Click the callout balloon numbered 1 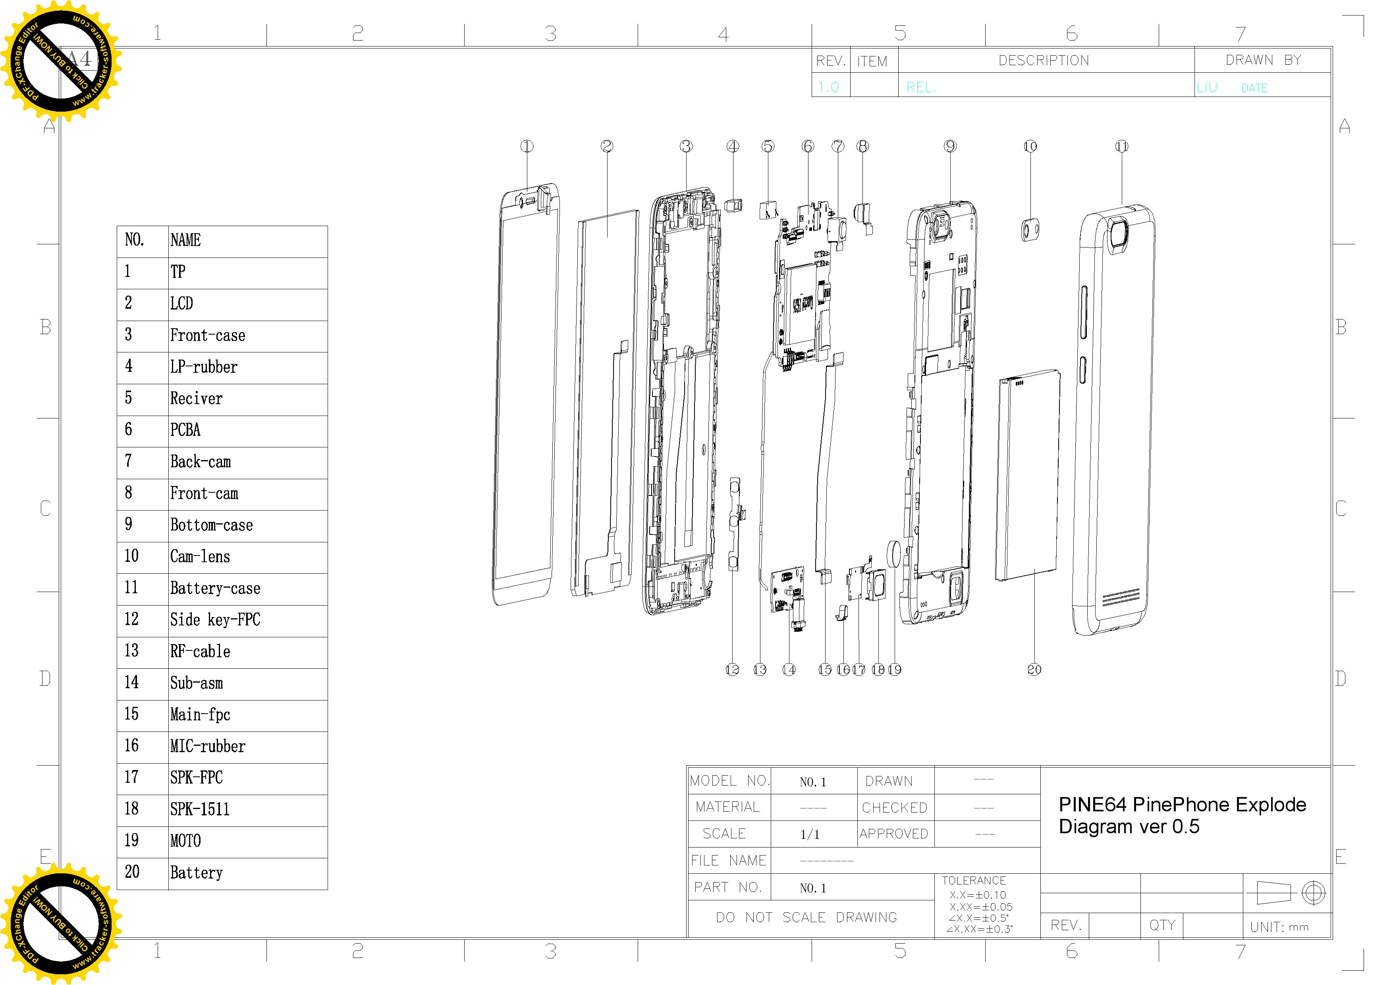pyautogui.click(x=527, y=146)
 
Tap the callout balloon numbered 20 pyautogui.click(x=1034, y=670)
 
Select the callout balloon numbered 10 pyautogui.click(x=1030, y=146)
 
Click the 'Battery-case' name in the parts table pyautogui.click(x=215, y=588)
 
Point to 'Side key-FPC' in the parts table pyautogui.click(x=215, y=619)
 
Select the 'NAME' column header pyautogui.click(x=185, y=240)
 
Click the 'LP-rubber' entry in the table pyautogui.click(x=203, y=367)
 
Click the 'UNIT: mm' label pyautogui.click(x=1279, y=927)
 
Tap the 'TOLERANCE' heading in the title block pyautogui.click(x=973, y=881)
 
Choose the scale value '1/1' pyautogui.click(x=810, y=834)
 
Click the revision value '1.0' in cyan pyautogui.click(x=828, y=87)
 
